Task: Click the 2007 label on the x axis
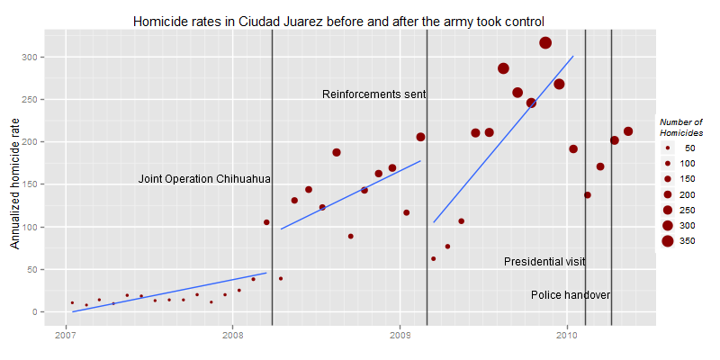65,336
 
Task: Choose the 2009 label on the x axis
400,336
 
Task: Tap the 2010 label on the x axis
567,336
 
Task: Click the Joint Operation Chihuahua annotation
204,179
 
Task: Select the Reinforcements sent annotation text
373,94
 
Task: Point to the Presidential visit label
544,262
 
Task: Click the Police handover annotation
571,295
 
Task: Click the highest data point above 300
545,43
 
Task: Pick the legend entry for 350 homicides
668,240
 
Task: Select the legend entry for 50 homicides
668,148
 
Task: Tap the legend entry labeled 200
668,194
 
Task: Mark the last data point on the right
628,131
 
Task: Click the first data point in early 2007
72,303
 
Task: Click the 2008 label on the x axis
232,336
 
